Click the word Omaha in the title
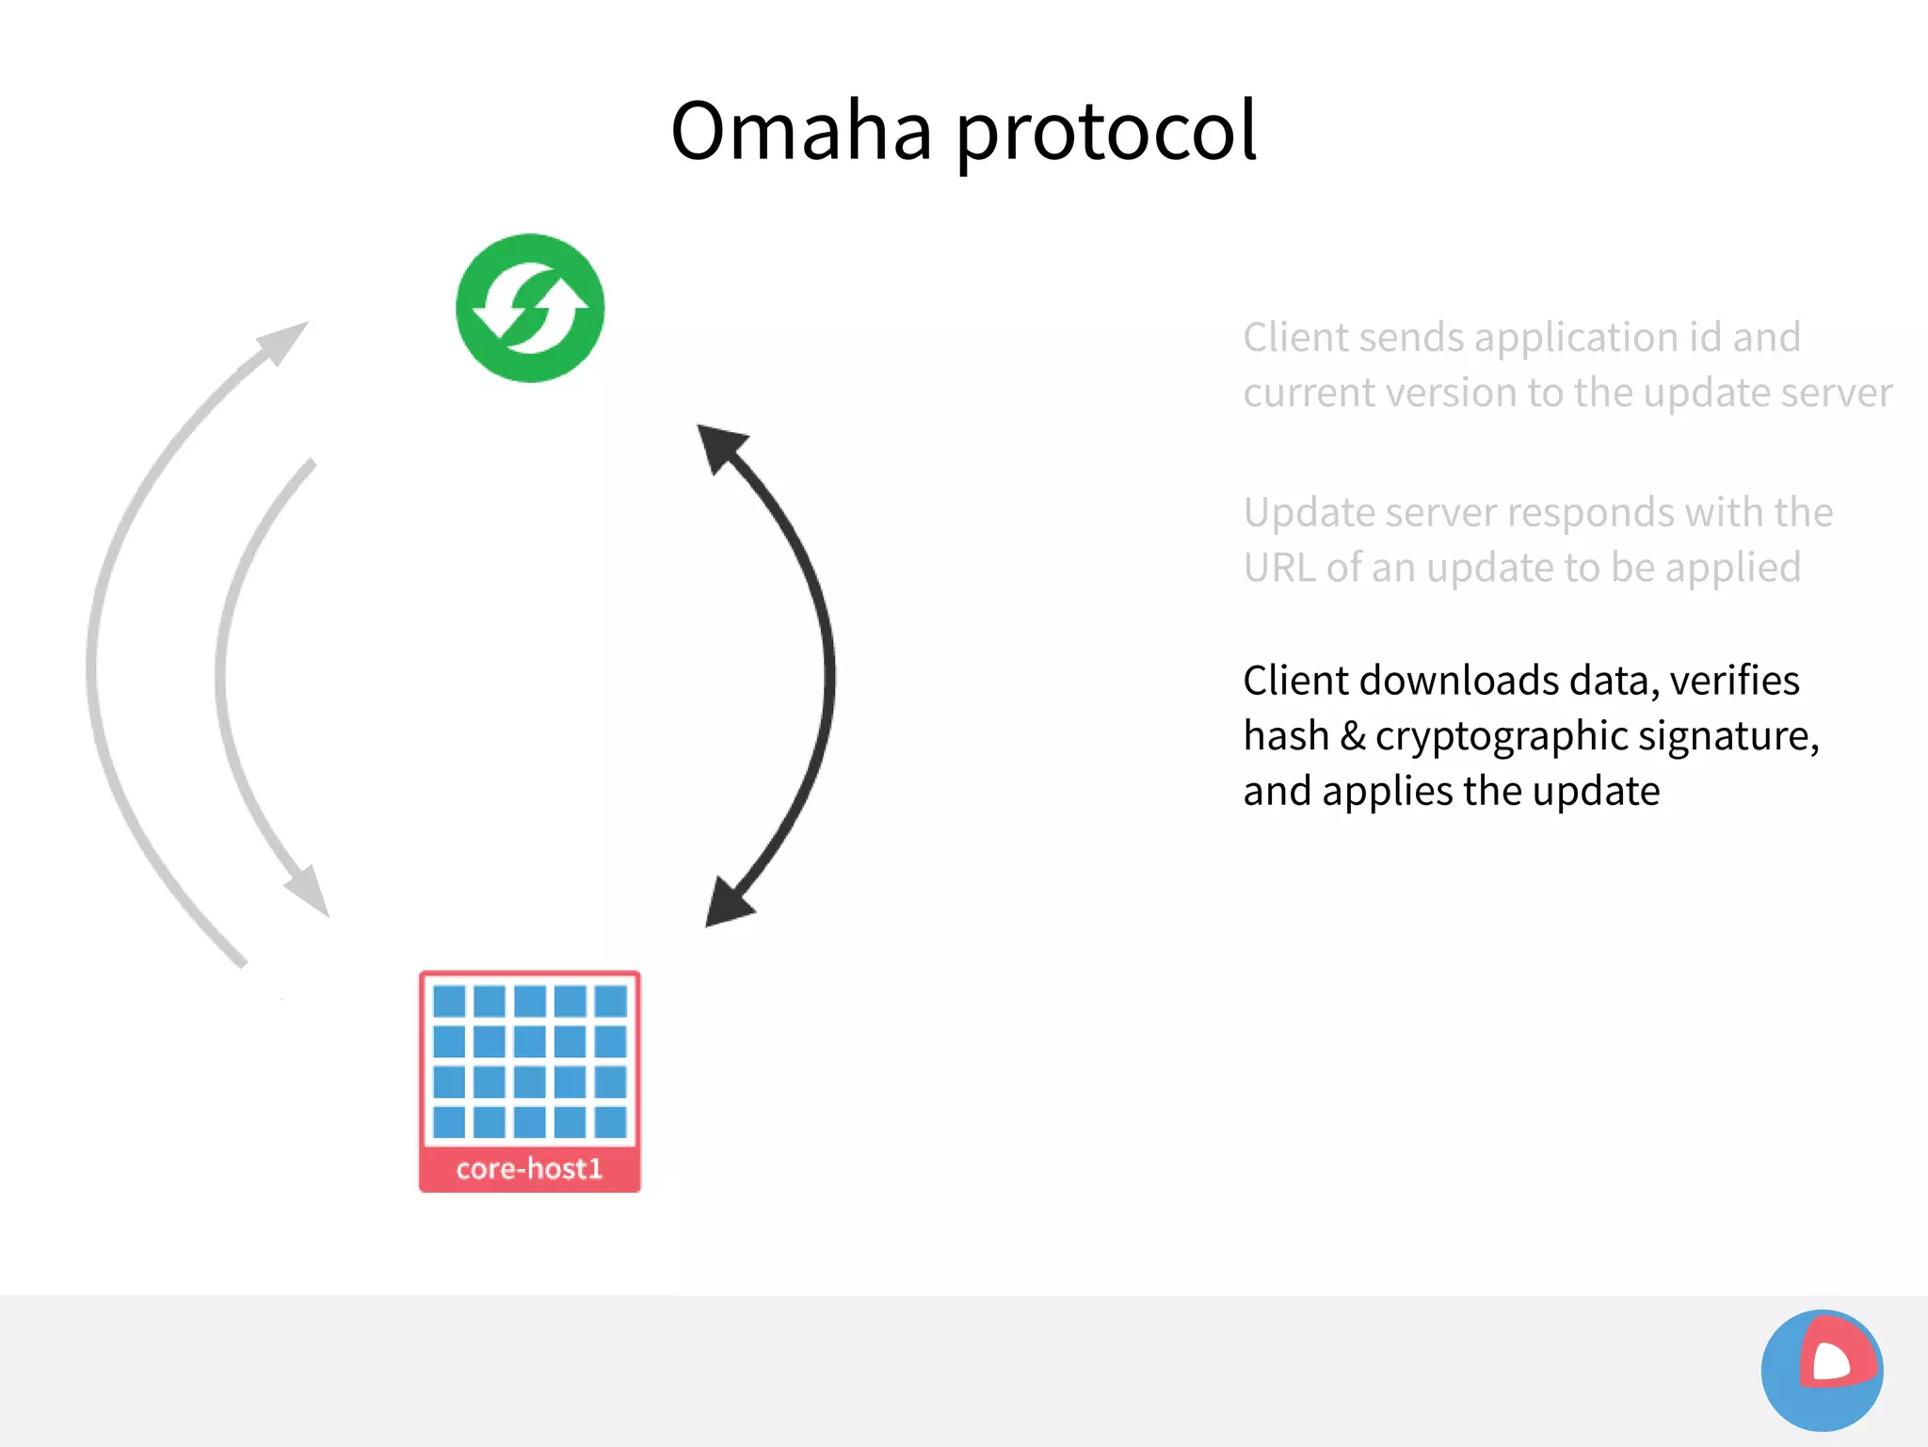(801, 132)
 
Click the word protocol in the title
(1106, 132)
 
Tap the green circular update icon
(530, 308)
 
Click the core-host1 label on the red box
(529, 1168)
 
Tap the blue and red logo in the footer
(1822, 1370)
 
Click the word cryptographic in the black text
(1502, 736)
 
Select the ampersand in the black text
(1353, 736)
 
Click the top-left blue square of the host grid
(449, 1001)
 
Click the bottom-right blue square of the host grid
(611, 1121)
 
